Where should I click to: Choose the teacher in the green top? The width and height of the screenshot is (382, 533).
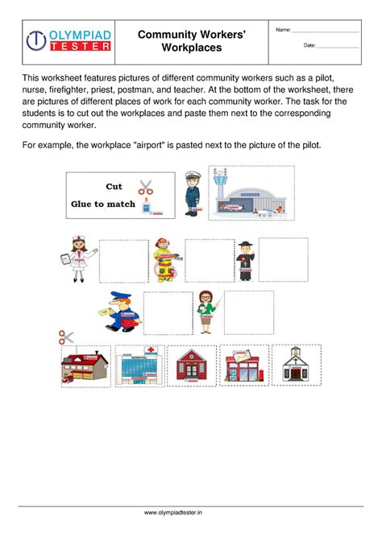207,311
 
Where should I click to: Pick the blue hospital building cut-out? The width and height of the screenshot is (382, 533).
139,367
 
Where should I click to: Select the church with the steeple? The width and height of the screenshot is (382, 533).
297,366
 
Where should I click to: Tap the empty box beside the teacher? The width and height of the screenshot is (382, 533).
248,312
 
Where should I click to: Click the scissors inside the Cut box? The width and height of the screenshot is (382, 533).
146,187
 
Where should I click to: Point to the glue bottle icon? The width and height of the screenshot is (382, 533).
147,206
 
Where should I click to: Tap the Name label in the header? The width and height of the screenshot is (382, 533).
283,30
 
